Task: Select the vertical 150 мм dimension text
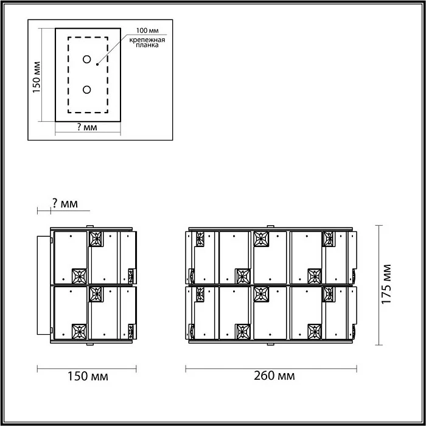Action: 37,76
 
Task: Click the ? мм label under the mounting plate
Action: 86,127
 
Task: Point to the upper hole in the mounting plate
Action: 86,60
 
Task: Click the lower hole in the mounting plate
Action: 86,90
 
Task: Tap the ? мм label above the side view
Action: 64,203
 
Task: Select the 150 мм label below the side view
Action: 87,377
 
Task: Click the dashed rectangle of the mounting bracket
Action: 68,75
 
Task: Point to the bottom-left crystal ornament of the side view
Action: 80,332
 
